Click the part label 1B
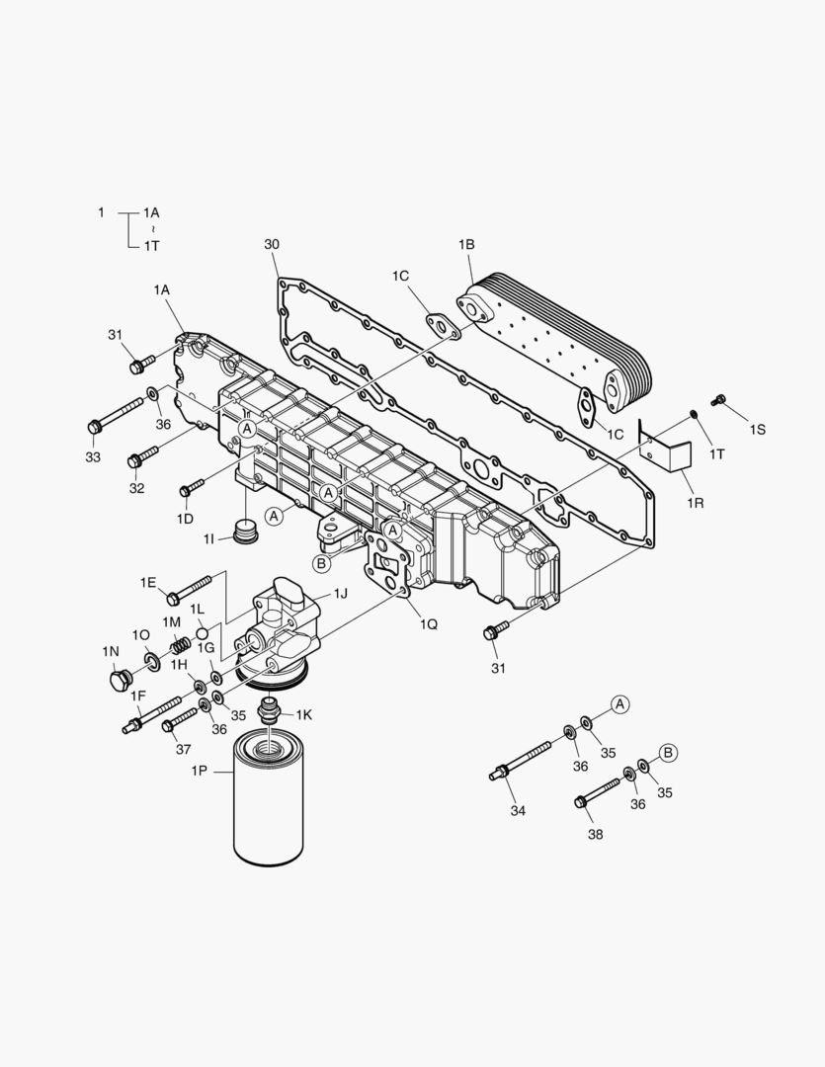tap(467, 244)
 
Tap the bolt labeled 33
tap(116, 416)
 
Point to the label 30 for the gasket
tap(272, 244)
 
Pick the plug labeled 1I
tap(245, 530)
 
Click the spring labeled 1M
tap(179, 647)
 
